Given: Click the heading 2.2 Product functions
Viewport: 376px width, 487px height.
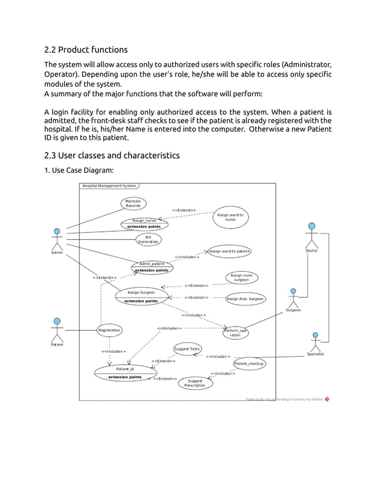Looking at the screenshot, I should click(86, 50).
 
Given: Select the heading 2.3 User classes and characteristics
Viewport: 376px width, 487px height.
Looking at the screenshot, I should click(112, 155).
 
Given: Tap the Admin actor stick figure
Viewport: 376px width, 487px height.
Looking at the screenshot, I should click(57, 239).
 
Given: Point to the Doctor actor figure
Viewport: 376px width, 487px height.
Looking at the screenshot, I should click(312, 235).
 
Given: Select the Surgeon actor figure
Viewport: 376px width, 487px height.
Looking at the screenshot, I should click(293, 297).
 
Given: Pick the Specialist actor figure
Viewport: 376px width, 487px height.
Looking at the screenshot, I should click(315, 341).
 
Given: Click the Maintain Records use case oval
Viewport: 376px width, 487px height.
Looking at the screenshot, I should click(133, 203).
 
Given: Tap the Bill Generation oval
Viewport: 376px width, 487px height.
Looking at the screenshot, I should click(148, 239).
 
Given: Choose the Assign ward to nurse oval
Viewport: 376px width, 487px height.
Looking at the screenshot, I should click(230, 217).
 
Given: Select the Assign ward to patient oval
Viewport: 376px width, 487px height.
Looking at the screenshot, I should click(229, 251).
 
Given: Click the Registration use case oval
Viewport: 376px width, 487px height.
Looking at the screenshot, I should click(109, 330).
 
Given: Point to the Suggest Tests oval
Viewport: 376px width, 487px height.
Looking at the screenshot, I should click(187, 349).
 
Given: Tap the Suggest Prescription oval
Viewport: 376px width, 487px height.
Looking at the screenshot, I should click(195, 383).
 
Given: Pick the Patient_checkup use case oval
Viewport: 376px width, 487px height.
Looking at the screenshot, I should click(249, 364).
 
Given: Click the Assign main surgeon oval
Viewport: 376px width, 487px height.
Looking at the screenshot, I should click(241, 278).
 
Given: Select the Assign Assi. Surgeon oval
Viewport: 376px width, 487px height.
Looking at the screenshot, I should click(245, 299).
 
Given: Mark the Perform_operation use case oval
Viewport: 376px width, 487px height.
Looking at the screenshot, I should click(235, 333).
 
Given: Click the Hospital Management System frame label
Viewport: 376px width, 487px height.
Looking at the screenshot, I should click(108, 186).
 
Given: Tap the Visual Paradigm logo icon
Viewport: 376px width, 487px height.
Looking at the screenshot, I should click(327, 399).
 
